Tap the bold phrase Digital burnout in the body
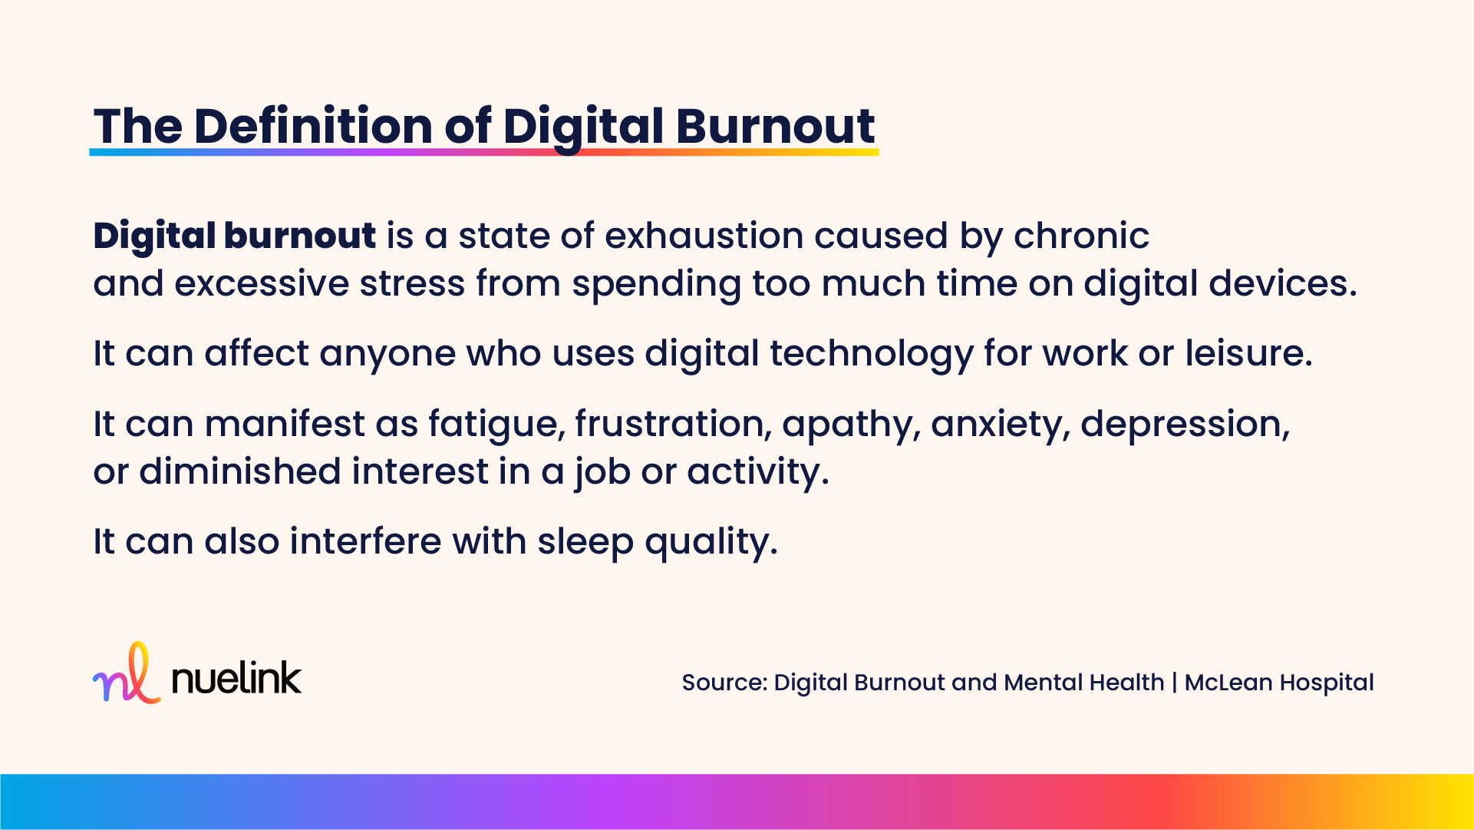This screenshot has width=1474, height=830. click(234, 236)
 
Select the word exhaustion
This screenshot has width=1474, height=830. click(704, 236)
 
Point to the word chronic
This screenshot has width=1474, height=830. click(1081, 236)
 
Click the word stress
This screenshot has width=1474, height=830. click(412, 283)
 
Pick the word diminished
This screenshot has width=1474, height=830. click(240, 471)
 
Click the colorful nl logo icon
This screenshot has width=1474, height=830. click(127, 673)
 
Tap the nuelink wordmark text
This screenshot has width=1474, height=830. click(236, 677)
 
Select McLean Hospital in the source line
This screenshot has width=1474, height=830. click(1279, 683)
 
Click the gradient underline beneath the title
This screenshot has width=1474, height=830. click(484, 152)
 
